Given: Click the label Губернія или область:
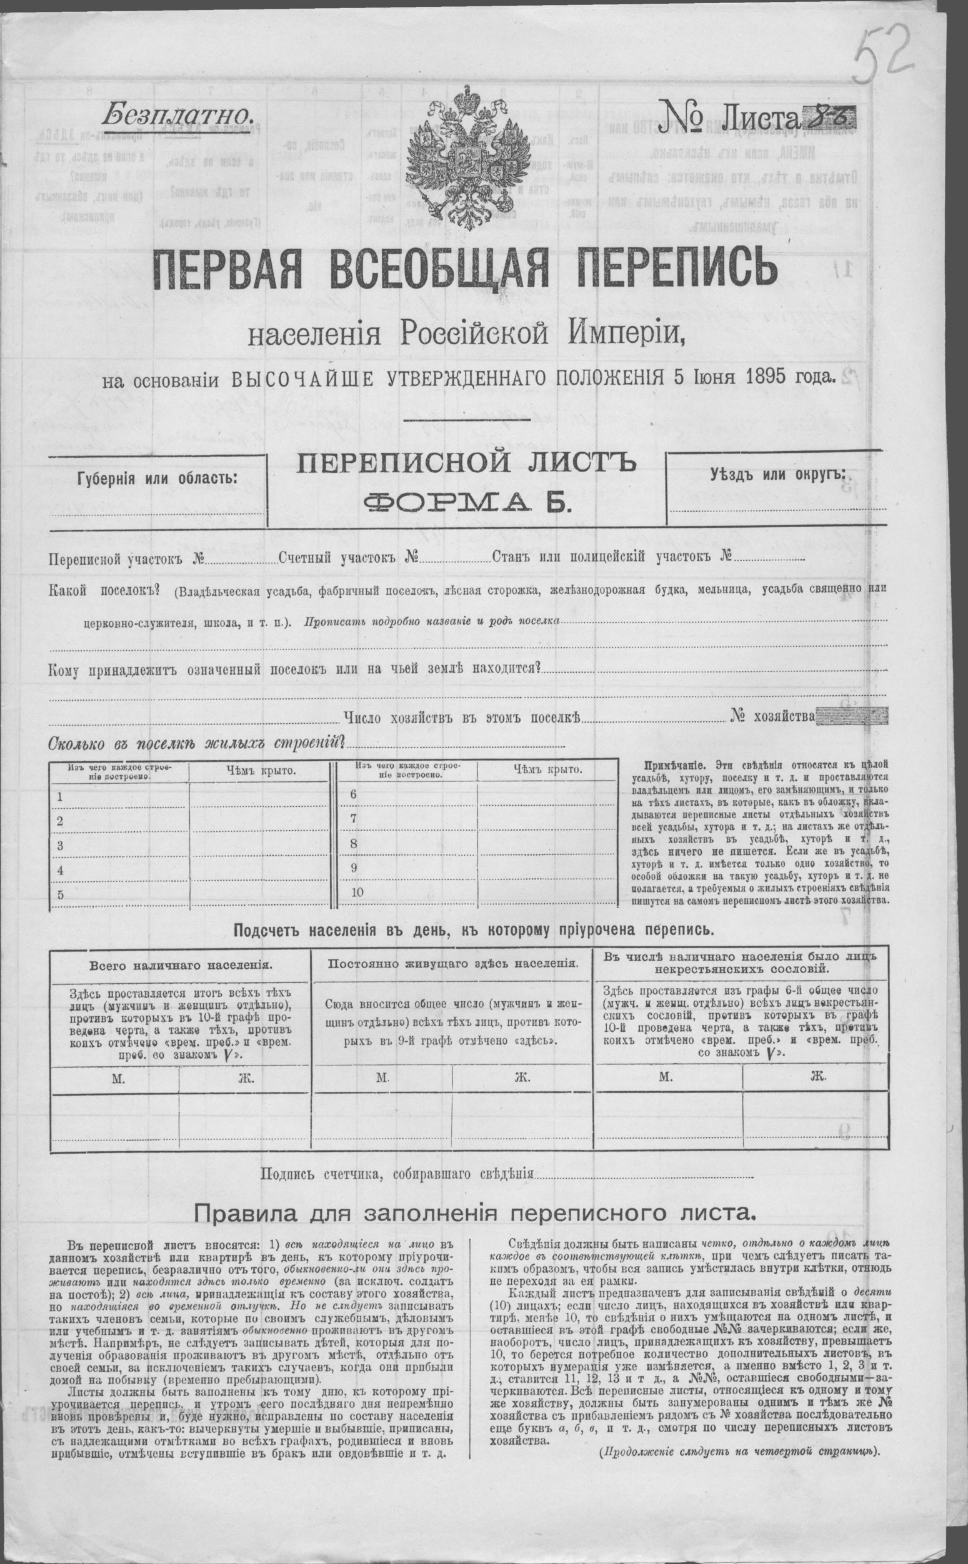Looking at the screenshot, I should click(x=157, y=478).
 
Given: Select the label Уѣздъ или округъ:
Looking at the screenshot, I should click(x=777, y=474).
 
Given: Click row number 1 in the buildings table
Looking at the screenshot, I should click(x=59, y=797).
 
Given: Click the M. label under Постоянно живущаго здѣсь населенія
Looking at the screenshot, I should click(x=382, y=1077).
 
